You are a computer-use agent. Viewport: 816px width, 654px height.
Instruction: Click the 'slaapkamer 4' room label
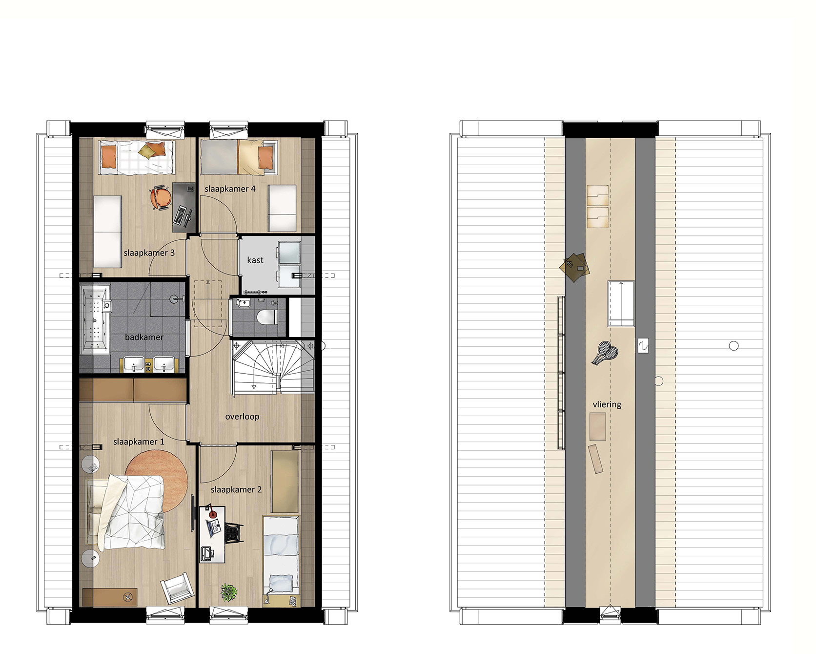(230, 189)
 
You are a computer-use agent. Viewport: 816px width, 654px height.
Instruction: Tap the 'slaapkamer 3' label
(149, 253)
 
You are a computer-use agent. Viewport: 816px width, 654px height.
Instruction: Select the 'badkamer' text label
(144, 337)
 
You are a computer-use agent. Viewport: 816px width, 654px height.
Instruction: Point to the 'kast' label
(255, 260)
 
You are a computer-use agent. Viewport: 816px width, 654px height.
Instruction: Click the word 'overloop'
(242, 417)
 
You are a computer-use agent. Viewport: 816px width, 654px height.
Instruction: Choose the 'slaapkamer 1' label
(139, 442)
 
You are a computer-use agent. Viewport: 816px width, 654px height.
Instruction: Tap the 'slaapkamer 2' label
(236, 489)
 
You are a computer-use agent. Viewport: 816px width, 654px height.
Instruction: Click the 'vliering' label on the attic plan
(607, 404)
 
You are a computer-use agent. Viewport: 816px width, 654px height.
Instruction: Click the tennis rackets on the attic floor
(604, 353)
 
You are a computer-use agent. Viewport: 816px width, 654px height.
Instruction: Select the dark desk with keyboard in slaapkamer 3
(184, 208)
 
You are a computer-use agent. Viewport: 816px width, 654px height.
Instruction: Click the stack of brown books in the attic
(576, 267)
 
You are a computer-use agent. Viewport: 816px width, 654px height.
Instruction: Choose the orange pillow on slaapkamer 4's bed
(266, 157)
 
